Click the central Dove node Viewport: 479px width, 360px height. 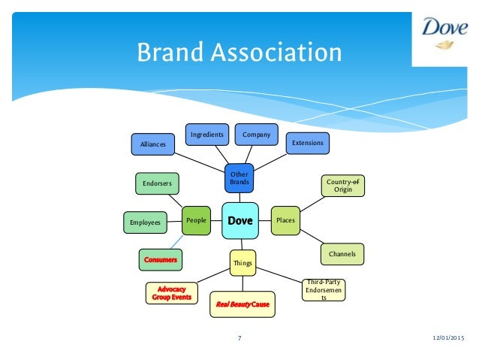240,221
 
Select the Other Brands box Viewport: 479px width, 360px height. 239,178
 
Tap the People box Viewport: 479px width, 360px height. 197,220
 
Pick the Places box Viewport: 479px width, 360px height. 285,220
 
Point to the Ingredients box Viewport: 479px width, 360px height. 206,135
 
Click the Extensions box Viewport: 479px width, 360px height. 308,142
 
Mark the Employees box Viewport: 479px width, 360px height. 146,222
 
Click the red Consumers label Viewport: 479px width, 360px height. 160,259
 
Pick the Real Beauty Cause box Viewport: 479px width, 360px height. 242,304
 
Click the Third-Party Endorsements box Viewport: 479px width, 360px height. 324,289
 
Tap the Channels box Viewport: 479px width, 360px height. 342,255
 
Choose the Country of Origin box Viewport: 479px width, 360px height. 342,185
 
